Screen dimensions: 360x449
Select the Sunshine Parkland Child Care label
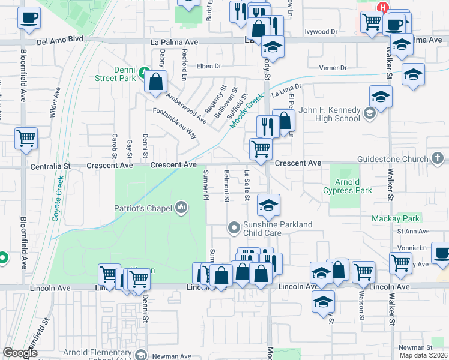(277, 228)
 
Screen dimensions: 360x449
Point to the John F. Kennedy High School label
(330, 114)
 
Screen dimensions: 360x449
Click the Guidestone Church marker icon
(439, 158)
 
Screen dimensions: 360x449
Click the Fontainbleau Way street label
(175, 123)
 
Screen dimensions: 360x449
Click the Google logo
(20, 353)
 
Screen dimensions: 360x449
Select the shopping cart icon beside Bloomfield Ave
(26, 139)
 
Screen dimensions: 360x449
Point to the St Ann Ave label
(413, 231)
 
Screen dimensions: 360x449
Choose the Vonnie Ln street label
(414, 247)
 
